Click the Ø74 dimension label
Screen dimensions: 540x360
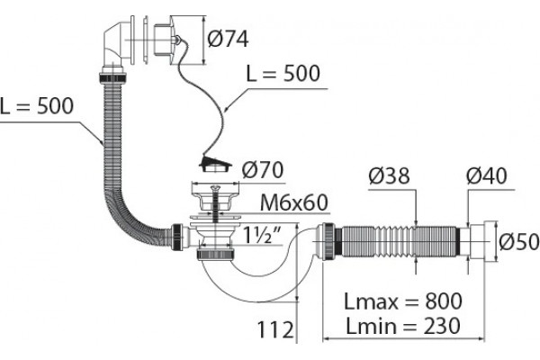228,38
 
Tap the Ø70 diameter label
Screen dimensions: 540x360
263,170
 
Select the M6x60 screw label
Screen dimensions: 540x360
293,202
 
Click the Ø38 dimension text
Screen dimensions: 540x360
389,175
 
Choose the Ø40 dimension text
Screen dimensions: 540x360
486,175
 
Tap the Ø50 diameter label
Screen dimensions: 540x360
518,241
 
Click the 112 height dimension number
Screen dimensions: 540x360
275,329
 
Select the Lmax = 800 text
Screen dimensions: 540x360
403,301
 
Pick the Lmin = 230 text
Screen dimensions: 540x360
403,326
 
